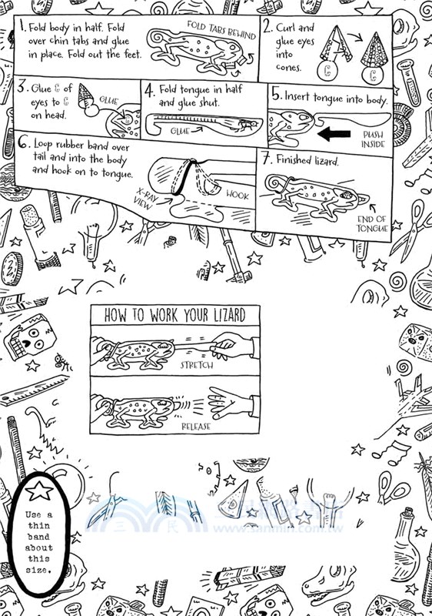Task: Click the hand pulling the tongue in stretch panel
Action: tap(234, 343)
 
